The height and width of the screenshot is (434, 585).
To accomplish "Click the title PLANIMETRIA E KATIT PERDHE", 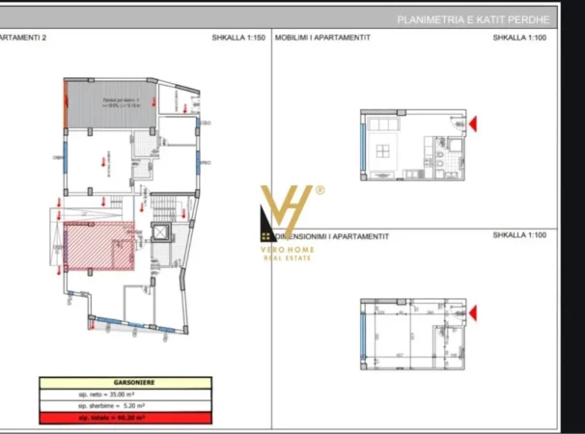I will click(x=473, y=19).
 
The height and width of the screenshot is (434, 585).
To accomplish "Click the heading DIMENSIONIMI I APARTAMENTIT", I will click(x=332, y=235).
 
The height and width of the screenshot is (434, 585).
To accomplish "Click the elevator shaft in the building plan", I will click(x=159, y=234).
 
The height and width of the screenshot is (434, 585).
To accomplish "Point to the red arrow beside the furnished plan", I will click(x=473, y=123).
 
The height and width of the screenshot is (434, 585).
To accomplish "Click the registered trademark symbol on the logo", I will click(x=320, y=190).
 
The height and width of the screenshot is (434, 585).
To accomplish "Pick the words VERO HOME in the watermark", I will click(x=287, y=249).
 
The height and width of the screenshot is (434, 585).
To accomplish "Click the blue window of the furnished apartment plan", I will click(x=362, y=148).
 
